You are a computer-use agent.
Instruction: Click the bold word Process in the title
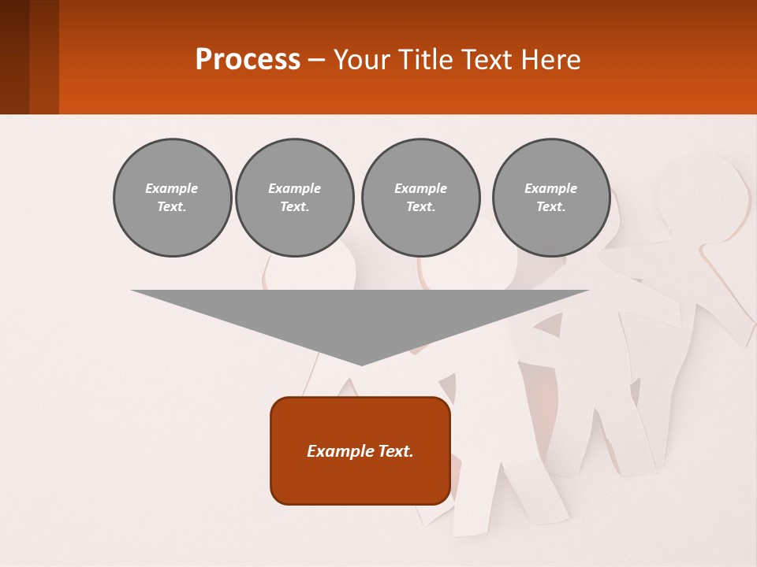click(x=248, y=60)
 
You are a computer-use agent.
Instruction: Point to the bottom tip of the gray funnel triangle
click(x=361, y=363)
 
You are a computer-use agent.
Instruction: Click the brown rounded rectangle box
click(x=360, y=480)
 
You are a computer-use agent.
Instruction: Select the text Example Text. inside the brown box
click(x=360, y=451)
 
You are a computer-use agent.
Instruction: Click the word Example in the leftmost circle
click(x=172, y=188)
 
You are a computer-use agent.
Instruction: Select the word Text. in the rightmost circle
click(x=550, y=207)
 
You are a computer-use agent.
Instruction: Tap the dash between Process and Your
click(x=317, y=60)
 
